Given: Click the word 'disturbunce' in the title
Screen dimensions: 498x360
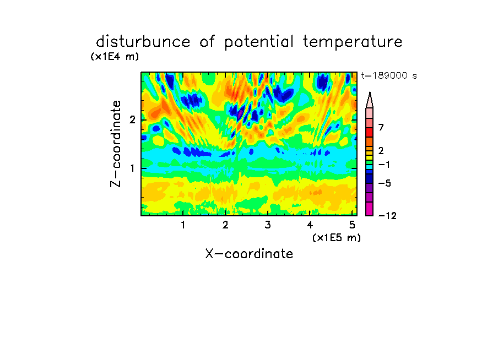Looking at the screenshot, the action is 143,42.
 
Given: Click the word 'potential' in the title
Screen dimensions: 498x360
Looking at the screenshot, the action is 259,42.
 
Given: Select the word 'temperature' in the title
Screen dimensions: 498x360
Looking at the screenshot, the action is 353,42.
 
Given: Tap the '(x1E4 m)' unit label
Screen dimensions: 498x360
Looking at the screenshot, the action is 115,57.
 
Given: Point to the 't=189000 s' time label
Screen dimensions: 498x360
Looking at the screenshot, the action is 389,75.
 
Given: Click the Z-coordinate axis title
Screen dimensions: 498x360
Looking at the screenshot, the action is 116,144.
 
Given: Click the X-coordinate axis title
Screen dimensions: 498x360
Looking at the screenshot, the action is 249,254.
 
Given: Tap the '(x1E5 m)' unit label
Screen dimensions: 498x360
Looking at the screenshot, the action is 337,237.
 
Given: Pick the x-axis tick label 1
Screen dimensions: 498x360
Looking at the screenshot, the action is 183,225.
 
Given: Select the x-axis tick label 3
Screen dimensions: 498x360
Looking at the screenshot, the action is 268,225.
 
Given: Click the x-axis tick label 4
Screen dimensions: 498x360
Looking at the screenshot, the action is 310,225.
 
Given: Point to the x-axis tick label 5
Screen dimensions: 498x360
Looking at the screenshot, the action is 352,225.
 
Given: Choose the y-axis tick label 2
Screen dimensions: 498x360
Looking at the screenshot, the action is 132,120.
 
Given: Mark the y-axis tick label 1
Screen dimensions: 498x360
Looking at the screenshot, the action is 132,168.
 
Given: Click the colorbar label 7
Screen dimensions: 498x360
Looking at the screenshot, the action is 381,127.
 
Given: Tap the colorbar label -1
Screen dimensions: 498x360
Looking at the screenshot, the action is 385,165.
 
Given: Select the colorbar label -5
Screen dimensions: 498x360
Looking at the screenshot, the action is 385,183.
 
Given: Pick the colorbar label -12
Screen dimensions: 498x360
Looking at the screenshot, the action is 387,216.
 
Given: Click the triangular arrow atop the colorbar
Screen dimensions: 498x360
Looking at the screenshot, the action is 370,100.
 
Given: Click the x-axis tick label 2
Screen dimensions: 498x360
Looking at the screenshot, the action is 225,225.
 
